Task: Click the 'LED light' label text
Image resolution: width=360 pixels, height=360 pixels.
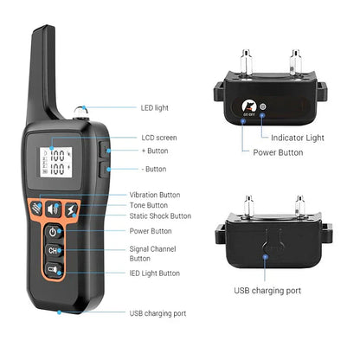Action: pos(155,109)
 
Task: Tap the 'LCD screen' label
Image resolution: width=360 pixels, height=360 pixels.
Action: pos(159,138)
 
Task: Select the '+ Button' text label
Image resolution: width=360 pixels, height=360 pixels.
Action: pos(155,151)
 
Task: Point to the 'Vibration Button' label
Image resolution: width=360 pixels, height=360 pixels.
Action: pos(155,195)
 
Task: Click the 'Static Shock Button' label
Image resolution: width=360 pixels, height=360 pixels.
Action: pos(160,215)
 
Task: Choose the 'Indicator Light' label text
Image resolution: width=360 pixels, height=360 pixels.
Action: pos(297,137)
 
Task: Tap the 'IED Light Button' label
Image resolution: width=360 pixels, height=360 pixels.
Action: pos(155,273)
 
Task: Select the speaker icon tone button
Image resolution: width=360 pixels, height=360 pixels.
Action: pos(54,209)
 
